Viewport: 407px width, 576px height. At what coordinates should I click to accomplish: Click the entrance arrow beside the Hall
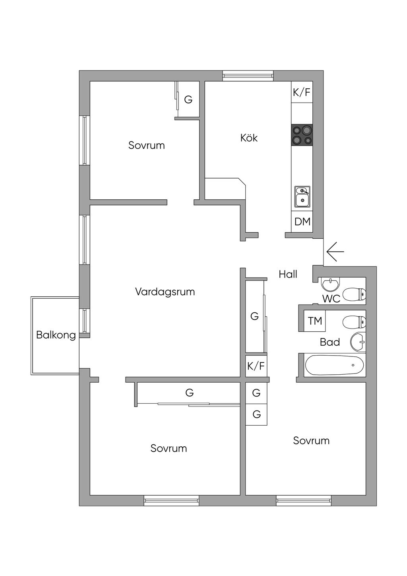point(335,251)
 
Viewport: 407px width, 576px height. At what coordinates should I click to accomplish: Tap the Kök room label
point(249,138)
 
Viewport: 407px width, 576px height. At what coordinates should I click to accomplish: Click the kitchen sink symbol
point(302,197)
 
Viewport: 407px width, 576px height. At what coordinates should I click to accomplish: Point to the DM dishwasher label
point(302,222)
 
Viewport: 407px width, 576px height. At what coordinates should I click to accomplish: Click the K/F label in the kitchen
point(302,92)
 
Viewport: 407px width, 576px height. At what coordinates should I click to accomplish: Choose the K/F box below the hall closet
point(256,366)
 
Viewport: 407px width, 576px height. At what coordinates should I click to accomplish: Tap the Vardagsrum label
point(165,292)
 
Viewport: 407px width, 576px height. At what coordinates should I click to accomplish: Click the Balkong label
point(56,335)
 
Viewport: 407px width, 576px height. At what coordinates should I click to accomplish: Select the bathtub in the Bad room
point(335,365)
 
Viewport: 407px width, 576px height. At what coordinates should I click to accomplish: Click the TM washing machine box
point(315,321)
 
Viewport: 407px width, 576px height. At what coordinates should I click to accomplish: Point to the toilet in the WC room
point(354,294)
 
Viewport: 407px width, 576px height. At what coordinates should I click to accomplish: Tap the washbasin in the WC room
point(330,284)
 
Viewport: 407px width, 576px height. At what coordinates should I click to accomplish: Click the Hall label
point(288,274)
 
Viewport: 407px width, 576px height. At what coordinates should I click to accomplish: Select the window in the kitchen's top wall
point(248,76)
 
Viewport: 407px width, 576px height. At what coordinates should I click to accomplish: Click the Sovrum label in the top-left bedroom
point(146,145)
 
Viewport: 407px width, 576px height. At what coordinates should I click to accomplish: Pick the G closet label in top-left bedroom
point(188,99)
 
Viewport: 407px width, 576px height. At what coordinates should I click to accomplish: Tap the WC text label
point(331,299)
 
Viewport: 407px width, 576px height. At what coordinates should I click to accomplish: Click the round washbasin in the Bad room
point(358,342)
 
